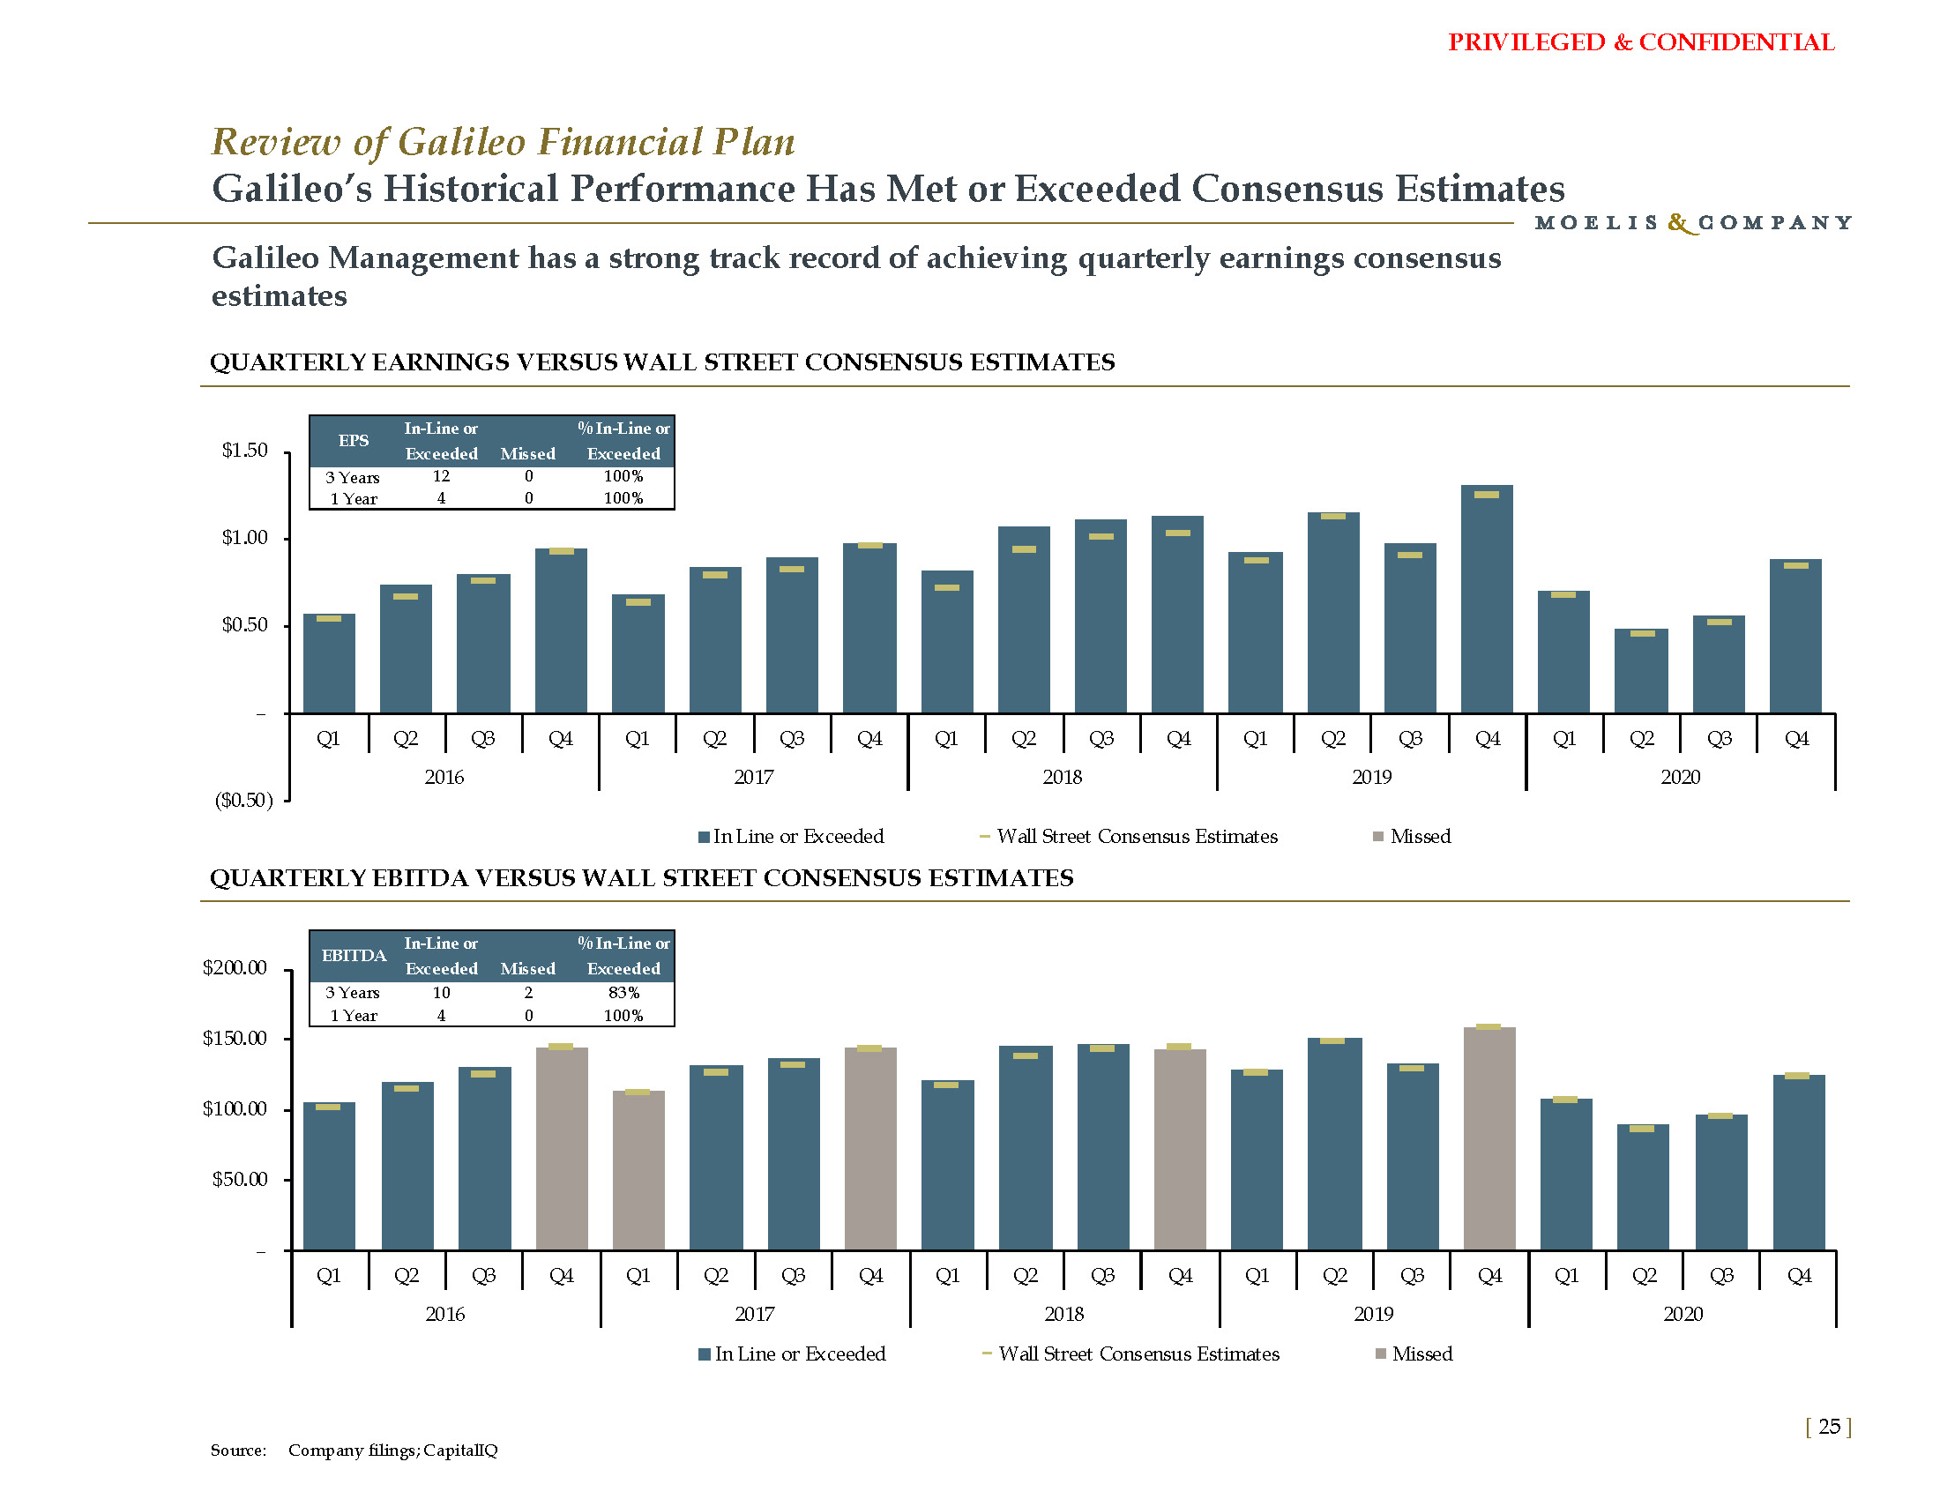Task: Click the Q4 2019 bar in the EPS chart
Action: [x=1487, y=604]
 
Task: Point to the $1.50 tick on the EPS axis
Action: [x=244, y=451]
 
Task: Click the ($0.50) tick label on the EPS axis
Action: [x=244, y=800]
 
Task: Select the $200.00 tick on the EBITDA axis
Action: [x=235, y=967]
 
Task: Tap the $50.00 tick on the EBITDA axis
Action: [x=239, y=1179]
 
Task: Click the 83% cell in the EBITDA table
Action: [x=623, y=992]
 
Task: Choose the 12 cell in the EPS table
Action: [x=441, y=476]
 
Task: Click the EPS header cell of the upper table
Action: [x=354, y=441]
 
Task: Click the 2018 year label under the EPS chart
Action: [x=1063, y=777]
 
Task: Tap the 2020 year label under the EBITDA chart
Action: [x=1683, y=1314]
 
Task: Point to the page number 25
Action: [x=1829, y=1426]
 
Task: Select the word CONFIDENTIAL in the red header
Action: [x=1736, y=42]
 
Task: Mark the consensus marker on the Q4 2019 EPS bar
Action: [x=1487, y=495]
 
